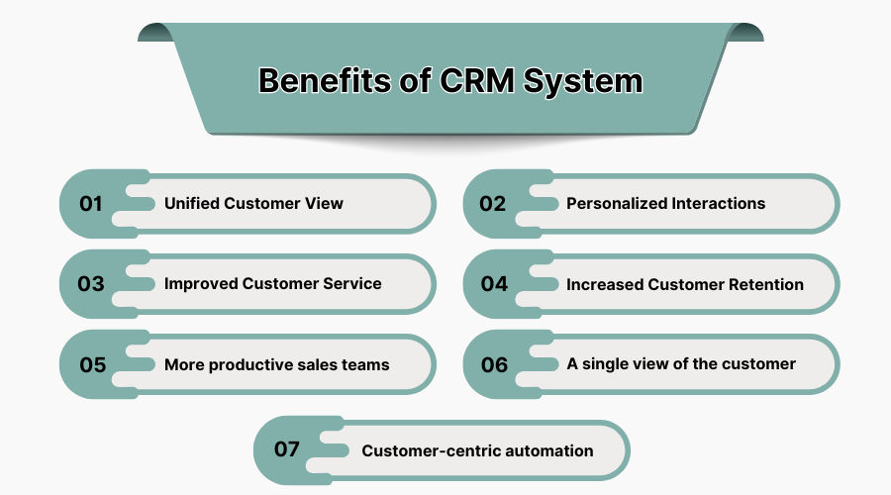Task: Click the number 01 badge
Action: [x=91, y=204]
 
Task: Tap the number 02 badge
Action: [x=493, y=204]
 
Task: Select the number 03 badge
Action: [x=91, y=284]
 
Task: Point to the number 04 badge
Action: [x=494, y=284]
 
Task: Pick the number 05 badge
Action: [x=92, y=364]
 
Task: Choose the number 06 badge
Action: [x=494, y=364]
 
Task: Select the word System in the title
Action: [x=584, y=80]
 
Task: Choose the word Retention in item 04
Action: [x=766, y=284]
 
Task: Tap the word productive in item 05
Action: [x=248, y=364]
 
